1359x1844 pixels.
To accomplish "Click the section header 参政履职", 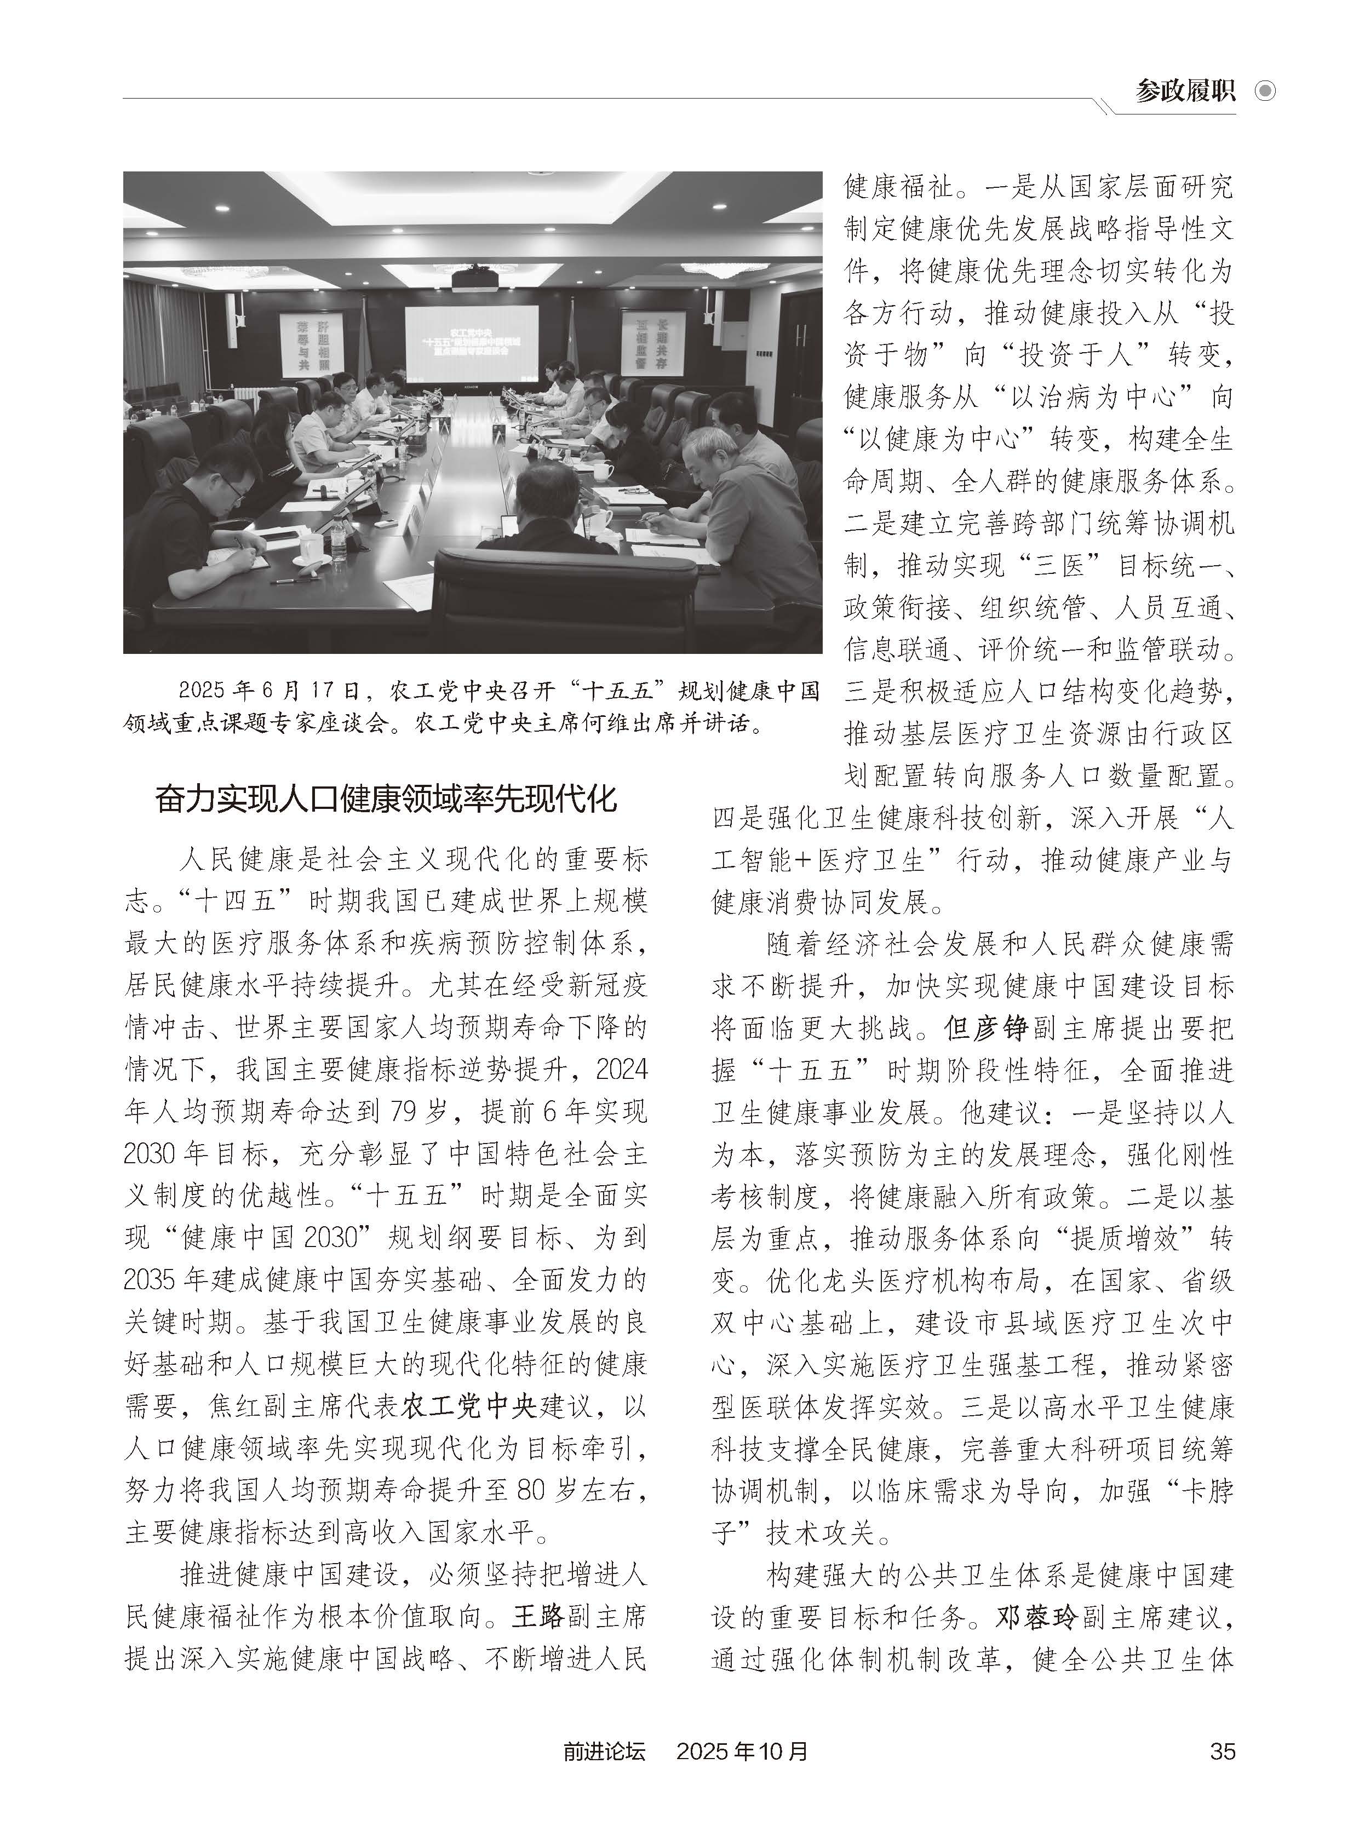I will [x=1185, y=90].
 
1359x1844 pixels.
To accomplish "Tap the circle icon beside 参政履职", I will [x=1265, y=90].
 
